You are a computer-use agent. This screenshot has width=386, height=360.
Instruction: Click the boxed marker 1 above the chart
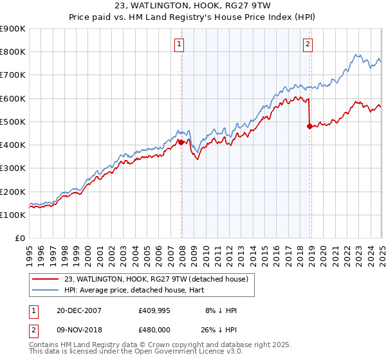[x=179, y=44]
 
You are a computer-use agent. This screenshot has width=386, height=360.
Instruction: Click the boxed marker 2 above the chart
[x=308, y=44]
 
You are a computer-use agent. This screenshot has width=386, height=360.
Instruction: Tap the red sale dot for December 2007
[x=181, y=142]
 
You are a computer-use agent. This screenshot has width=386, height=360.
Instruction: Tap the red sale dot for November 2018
[x=309, y=126]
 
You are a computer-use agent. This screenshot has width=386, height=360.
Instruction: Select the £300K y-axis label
[x=14, y=168]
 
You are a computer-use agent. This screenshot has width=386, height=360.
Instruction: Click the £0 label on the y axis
[x=20, y=239]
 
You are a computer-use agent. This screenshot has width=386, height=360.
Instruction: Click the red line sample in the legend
[x=45, y=279]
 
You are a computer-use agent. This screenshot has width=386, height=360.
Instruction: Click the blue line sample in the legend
[x=45, y=290]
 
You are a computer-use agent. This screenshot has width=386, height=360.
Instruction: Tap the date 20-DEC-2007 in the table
[x=78, y=310]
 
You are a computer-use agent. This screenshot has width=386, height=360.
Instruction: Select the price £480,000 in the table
[x=154, y=328]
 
